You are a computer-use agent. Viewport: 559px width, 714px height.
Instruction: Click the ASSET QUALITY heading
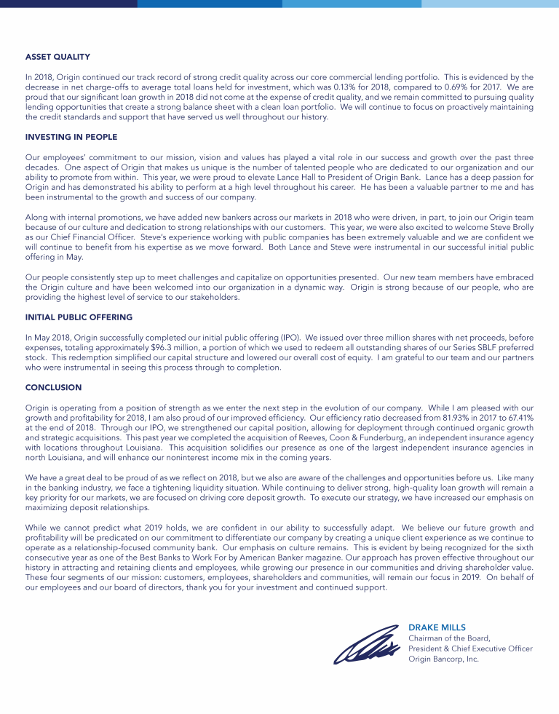[x=58, y=56]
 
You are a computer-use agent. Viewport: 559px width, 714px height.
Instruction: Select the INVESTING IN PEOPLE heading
[x=71, y=137]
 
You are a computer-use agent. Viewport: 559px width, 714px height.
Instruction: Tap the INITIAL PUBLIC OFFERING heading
[x=79, y=317]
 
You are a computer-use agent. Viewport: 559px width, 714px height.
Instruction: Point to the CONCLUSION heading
[x=53, y=387]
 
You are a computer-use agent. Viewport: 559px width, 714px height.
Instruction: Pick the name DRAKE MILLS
[x=437, y=627]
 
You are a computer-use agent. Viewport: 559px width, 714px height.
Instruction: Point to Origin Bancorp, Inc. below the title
[x=443, y=659]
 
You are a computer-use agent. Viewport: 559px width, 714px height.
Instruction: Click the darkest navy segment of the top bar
[x=68, y=4]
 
